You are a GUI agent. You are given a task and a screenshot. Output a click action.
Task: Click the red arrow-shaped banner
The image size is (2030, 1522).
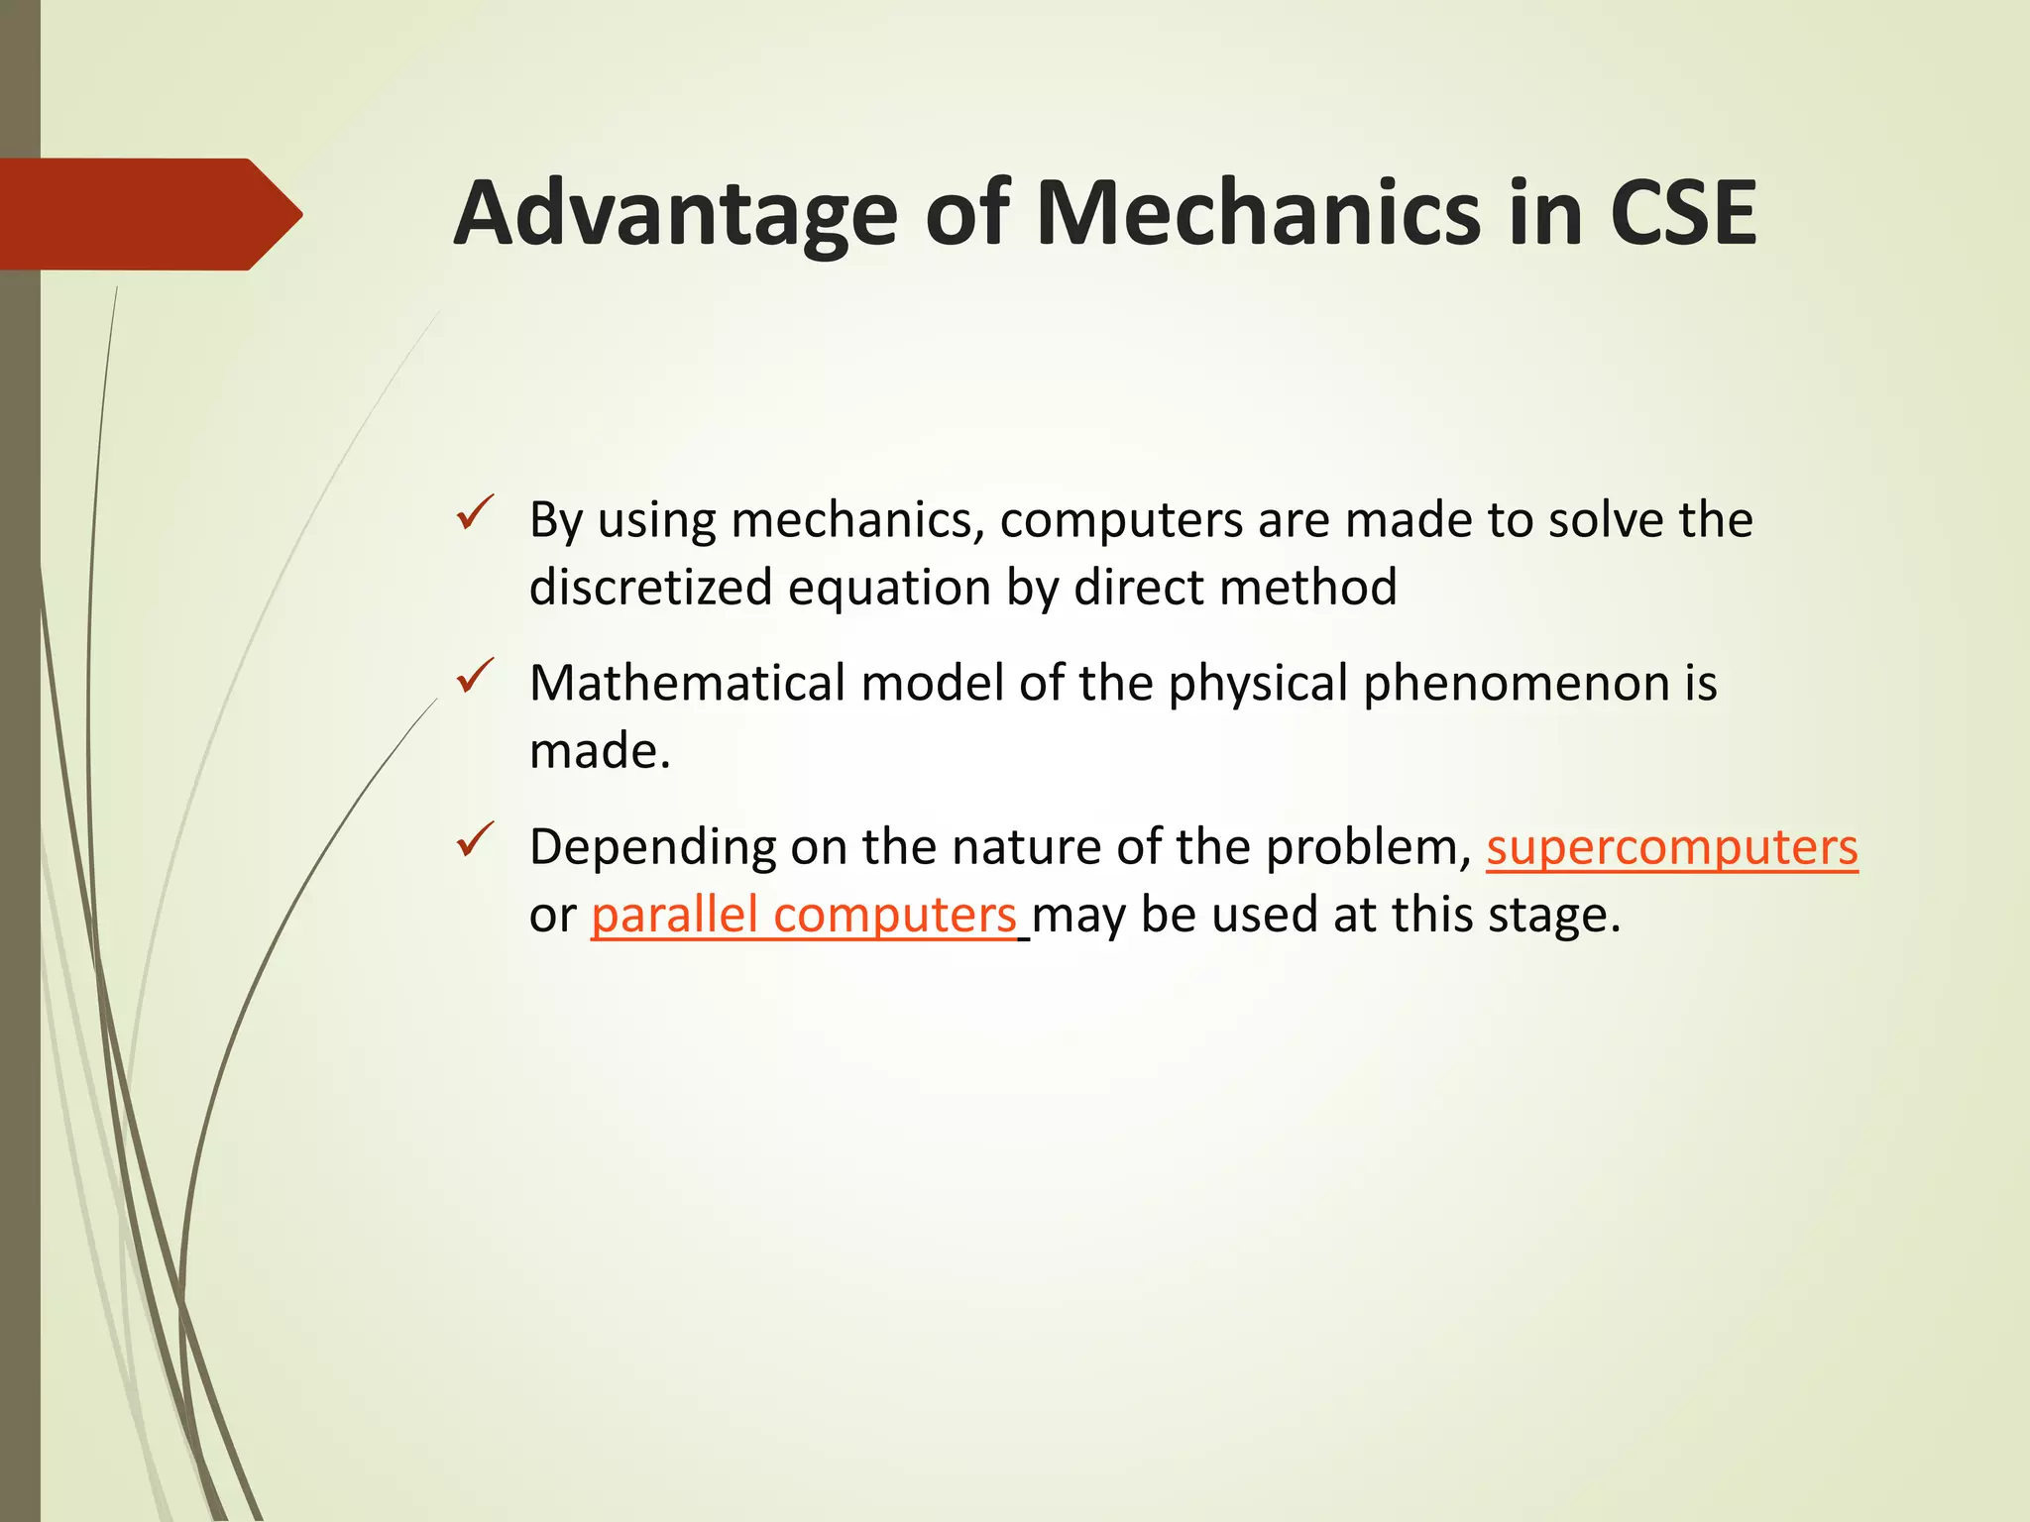click(149, 214)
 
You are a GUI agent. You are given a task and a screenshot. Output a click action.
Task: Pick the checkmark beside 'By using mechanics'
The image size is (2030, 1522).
click(475, 513)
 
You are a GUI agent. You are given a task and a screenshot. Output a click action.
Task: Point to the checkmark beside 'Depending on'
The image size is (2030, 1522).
click(475, 840)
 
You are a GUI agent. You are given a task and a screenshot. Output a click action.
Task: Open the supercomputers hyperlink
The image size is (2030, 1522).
click(1671, 848)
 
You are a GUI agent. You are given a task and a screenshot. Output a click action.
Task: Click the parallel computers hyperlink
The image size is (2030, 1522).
click(803, 915)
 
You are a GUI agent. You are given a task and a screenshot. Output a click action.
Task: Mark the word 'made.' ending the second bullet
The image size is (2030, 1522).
click(600, 751)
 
